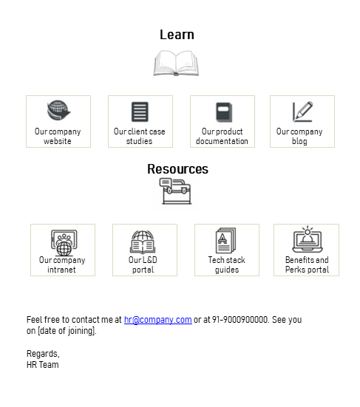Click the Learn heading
(177, 35)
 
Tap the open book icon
(176, 63)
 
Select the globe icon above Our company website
(58, 110)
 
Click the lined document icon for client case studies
(140, 112)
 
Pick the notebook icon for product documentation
(224, 112)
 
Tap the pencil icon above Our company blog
(302, 112)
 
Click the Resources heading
(177, 169)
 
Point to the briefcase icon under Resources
(176, 191)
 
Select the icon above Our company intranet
(64, 243)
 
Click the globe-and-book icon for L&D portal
(143, 242)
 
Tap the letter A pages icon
(226, 240)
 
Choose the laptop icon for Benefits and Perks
(308, 239)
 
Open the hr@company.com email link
(158, 320)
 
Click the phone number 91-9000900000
(240, 320)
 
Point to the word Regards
(43, 354)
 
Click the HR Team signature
(43, 365)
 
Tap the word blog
(299, 141)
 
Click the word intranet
(61, 270)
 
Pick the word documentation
(222, 141)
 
